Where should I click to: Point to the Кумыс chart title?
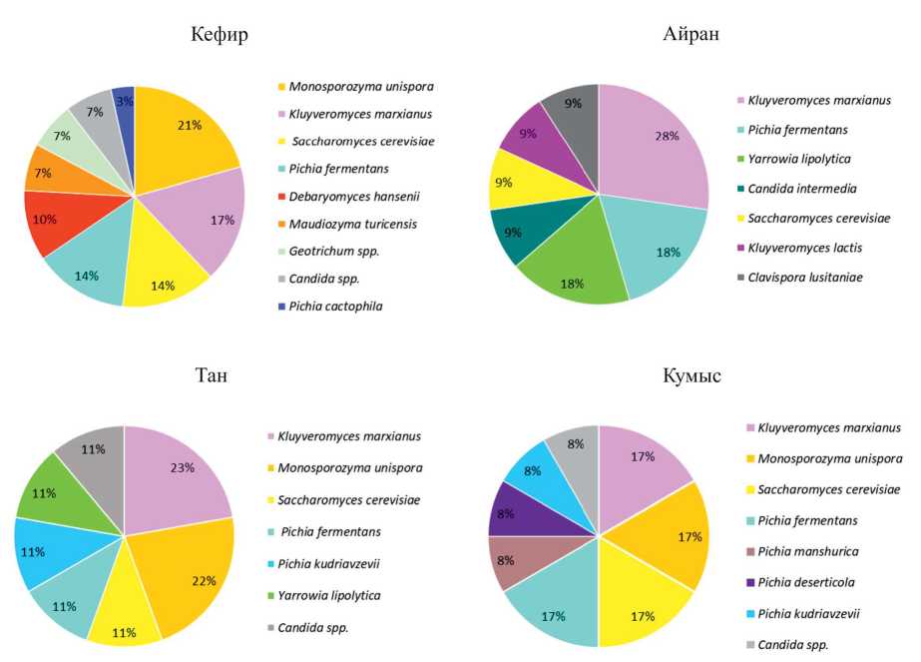coord(691,376)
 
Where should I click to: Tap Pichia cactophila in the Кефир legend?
coord(335,306)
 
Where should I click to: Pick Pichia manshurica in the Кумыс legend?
coord(809,551)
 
